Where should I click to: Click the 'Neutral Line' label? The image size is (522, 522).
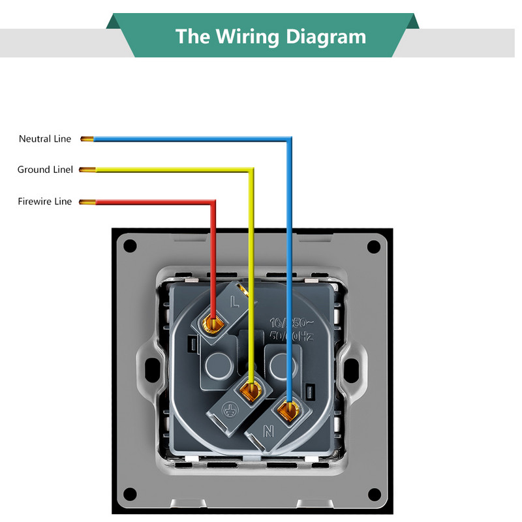45,139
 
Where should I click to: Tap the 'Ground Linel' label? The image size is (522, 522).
45,170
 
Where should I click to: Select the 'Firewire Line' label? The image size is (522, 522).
45,202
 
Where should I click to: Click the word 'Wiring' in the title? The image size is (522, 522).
245,36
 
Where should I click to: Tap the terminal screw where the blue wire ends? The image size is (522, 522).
286,410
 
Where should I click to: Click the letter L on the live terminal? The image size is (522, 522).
236,303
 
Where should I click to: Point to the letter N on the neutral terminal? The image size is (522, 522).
267,431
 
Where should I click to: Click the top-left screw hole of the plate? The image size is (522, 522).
130,246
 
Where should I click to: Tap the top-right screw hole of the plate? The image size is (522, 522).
373,246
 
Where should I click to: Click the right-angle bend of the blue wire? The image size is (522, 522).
289,139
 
